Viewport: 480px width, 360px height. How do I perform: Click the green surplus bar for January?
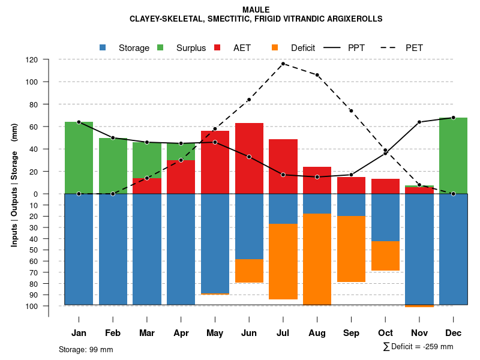[x=79, y=157]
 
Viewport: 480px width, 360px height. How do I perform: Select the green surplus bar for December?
[x=453, y=155]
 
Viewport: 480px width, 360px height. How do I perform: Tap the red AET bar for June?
[x=249, y=158]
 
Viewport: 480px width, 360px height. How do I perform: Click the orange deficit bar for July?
[x=283, y=262]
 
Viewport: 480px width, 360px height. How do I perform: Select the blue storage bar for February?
[x=113, y=249]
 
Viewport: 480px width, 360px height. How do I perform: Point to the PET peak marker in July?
[x=283, y=64]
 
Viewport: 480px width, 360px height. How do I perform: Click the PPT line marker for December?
[x=453, y=118]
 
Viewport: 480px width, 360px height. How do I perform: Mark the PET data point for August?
[x=317, y=75]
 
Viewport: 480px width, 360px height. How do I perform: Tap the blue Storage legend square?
[x=103, y=48]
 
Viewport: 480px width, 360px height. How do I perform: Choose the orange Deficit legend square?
[x=275, y=48]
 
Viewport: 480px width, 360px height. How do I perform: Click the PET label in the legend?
[x=414, y=48]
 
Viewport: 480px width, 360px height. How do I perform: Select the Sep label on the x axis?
[x=351, y=333]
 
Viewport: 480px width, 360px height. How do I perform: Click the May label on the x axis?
[x=215, y=333]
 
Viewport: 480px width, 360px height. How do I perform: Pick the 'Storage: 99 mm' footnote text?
[x=86, y=349]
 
